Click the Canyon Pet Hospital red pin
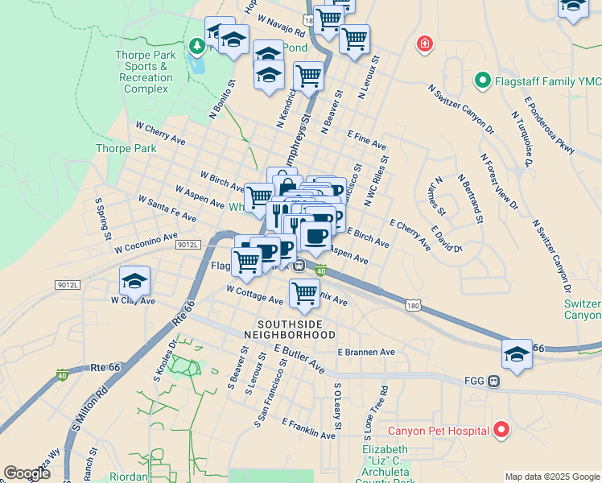tap(501, 430)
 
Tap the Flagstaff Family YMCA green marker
tap(482, 80)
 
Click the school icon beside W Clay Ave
tap(134, 281)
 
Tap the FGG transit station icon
tap(493, 381)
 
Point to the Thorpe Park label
tap(126, 148)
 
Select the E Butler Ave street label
tap(299, 360)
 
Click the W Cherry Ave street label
tap(160, 133)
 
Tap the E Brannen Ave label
tap(366, 352)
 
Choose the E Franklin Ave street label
tap(309, 428)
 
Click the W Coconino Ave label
tap(145, 242)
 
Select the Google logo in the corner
tap(27, 473)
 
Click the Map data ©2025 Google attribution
tap(551, 477)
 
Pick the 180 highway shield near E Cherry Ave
tap(412, 306)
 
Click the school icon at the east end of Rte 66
tap(516, 354)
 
